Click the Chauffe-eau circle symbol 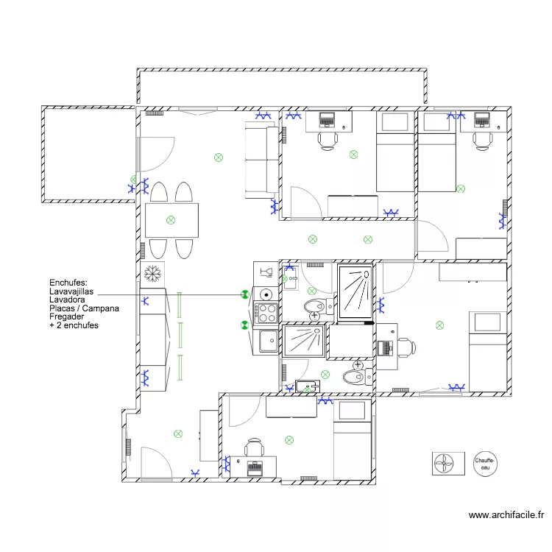tap(485, 464)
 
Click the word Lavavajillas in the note tap(71, 291)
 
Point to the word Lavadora tap(66, 300)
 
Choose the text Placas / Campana tap(83, 308)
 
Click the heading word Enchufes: tap(68, 283)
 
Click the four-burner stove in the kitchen tap(266, 314)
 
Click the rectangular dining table tap(171, 220)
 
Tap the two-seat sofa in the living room tap(261, 162)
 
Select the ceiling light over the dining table tap(171, 219)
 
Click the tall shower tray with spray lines tap(355, 292)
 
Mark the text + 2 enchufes tap(74, 325)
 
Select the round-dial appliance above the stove tap(266, 294)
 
